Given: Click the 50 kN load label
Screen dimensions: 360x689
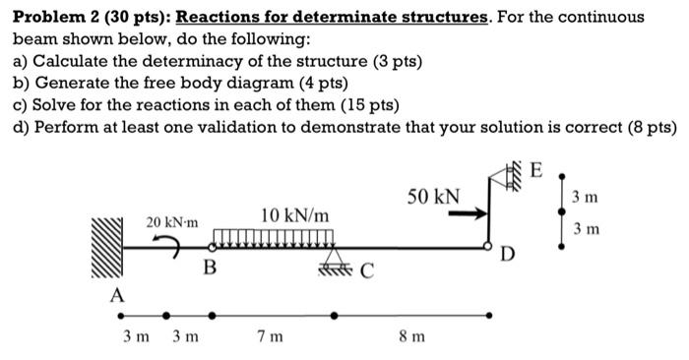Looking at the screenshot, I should coord(433,195).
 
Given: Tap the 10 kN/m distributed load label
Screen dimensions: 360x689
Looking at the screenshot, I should coord(295,214).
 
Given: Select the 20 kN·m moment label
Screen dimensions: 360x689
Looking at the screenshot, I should coord(172,223).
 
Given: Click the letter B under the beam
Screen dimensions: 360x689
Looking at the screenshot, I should coord(209,267).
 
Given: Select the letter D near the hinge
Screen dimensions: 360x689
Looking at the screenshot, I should coord(506,257).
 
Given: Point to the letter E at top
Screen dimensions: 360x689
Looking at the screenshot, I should coord(535,170).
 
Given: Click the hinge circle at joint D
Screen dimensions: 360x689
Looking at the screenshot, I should coord(488,246).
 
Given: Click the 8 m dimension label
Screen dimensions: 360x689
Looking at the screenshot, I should coord(412,336).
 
